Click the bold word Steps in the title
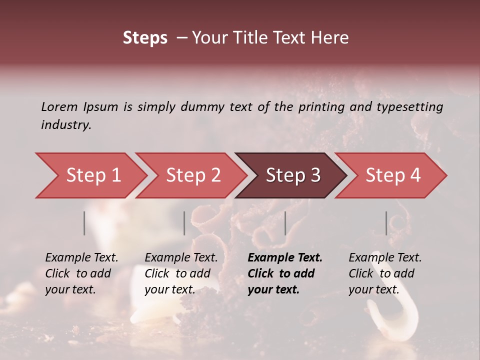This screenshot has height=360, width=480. pyautogui.click(x=145, y=38)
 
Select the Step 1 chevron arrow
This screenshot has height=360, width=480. pyautogui.click(x=90, y=175)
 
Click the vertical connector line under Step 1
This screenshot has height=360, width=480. pyautogui.click(x=84, y=223)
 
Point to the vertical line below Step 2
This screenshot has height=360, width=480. pyautogui.click(x=184, y=223)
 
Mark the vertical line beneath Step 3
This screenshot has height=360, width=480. pyautogui.click(x=285, y=223)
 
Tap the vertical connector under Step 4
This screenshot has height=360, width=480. pyautogui.click(x=386, y=223)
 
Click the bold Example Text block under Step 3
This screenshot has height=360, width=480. pyautogui.click(x=285, y=273)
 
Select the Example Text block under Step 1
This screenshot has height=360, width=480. pyautogui.click(x=81, y=273)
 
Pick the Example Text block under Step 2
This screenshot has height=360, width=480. pyautogui.click(x=181, y=273)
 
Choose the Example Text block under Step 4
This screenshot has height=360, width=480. pyautogui.click(x=385, y=273)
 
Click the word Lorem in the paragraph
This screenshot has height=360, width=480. pyautogui.click(x=59, y=106)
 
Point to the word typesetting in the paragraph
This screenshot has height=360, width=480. pyautogui.click(x=412, y=107)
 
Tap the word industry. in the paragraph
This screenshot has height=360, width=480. pyautogui.click(x=66, y=125)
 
